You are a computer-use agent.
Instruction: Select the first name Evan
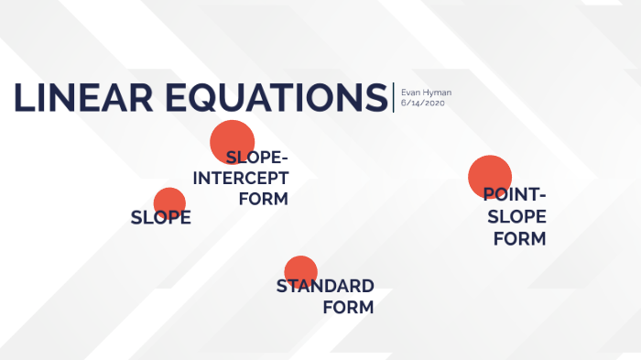coord(410,93)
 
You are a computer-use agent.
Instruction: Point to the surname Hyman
coord(436,93)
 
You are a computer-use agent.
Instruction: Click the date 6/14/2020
coord(422,104)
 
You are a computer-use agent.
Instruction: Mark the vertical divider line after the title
coord(394,98)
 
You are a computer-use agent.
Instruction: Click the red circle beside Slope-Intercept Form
coord(232,141)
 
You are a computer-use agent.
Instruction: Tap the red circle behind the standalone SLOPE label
coord(169,203)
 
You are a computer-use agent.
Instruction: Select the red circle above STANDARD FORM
coord(300,271)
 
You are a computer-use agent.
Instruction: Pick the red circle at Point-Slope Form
coord(490,176)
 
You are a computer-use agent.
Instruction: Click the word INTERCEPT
coord(241,177)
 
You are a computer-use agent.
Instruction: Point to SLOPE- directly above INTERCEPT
coord(256,158)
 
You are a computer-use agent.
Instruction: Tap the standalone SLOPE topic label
coord(161,218)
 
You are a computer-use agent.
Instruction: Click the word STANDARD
coord(325,287)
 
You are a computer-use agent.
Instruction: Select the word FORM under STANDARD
coord(348,308)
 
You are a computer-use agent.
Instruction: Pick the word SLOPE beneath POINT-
coord(516,217)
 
